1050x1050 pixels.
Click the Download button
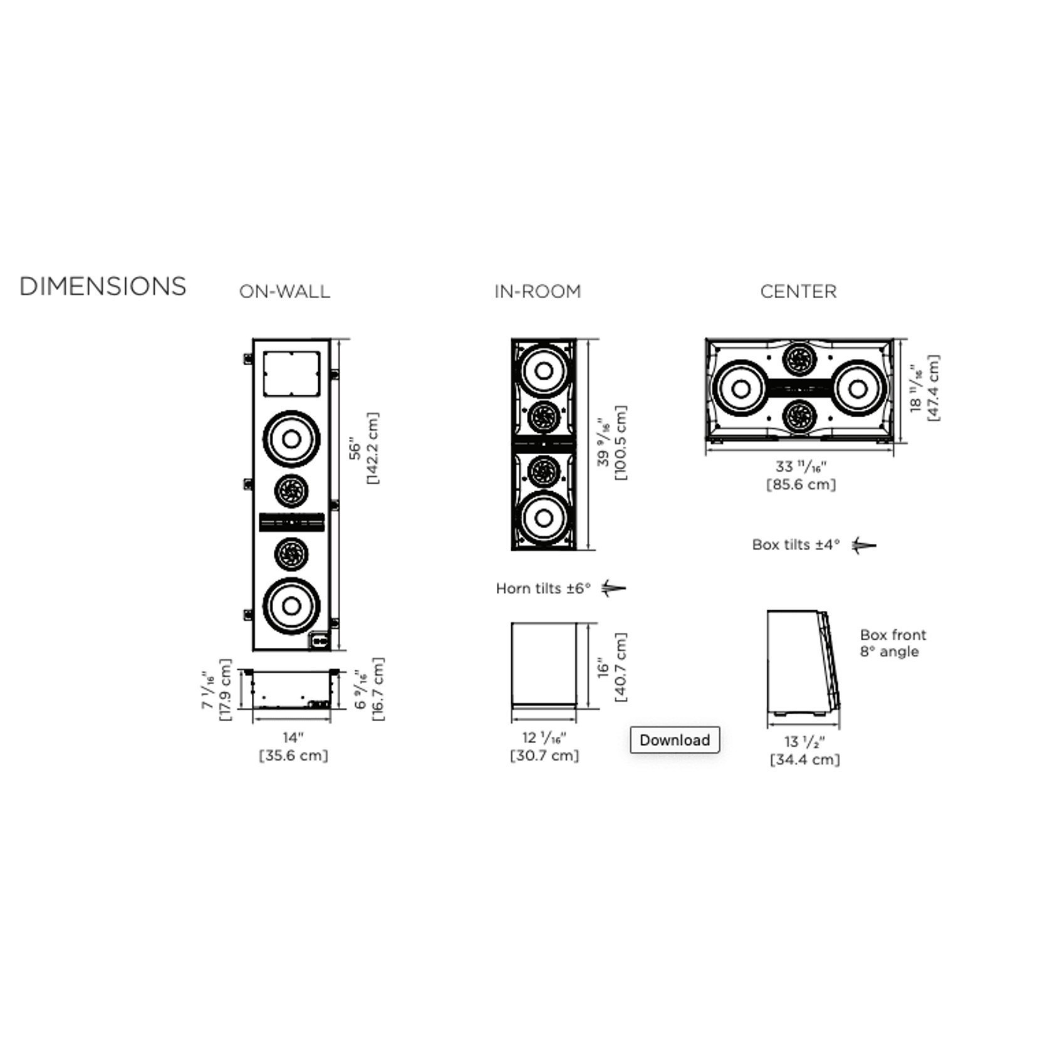tap(675, 740)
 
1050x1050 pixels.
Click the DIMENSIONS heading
tap(103, 286)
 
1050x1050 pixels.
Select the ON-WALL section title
tap(284, 291)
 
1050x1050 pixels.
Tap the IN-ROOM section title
tap(538, 291)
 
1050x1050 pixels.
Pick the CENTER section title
tap(798, 291)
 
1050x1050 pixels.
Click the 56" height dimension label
tap(355, 450)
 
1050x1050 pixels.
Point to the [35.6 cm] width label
tap(293, 756)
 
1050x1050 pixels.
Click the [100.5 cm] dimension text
tap(620, 443)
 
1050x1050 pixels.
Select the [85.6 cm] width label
tap(801, 484)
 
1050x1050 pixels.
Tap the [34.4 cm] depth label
tap(804, 759)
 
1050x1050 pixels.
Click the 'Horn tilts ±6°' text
tap(543, 588)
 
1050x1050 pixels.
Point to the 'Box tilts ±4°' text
tap(796, 544)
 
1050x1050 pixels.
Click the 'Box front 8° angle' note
tap(893, 643)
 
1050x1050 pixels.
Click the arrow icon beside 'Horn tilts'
tap(613, 588)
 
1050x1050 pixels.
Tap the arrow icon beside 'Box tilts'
tap(864, 545)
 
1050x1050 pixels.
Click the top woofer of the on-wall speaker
tap(291, 439)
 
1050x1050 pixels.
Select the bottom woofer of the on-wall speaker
tap(291, 606)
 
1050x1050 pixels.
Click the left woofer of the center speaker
tap(741, 388)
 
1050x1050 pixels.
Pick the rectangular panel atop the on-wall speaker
tap(291, 374)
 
